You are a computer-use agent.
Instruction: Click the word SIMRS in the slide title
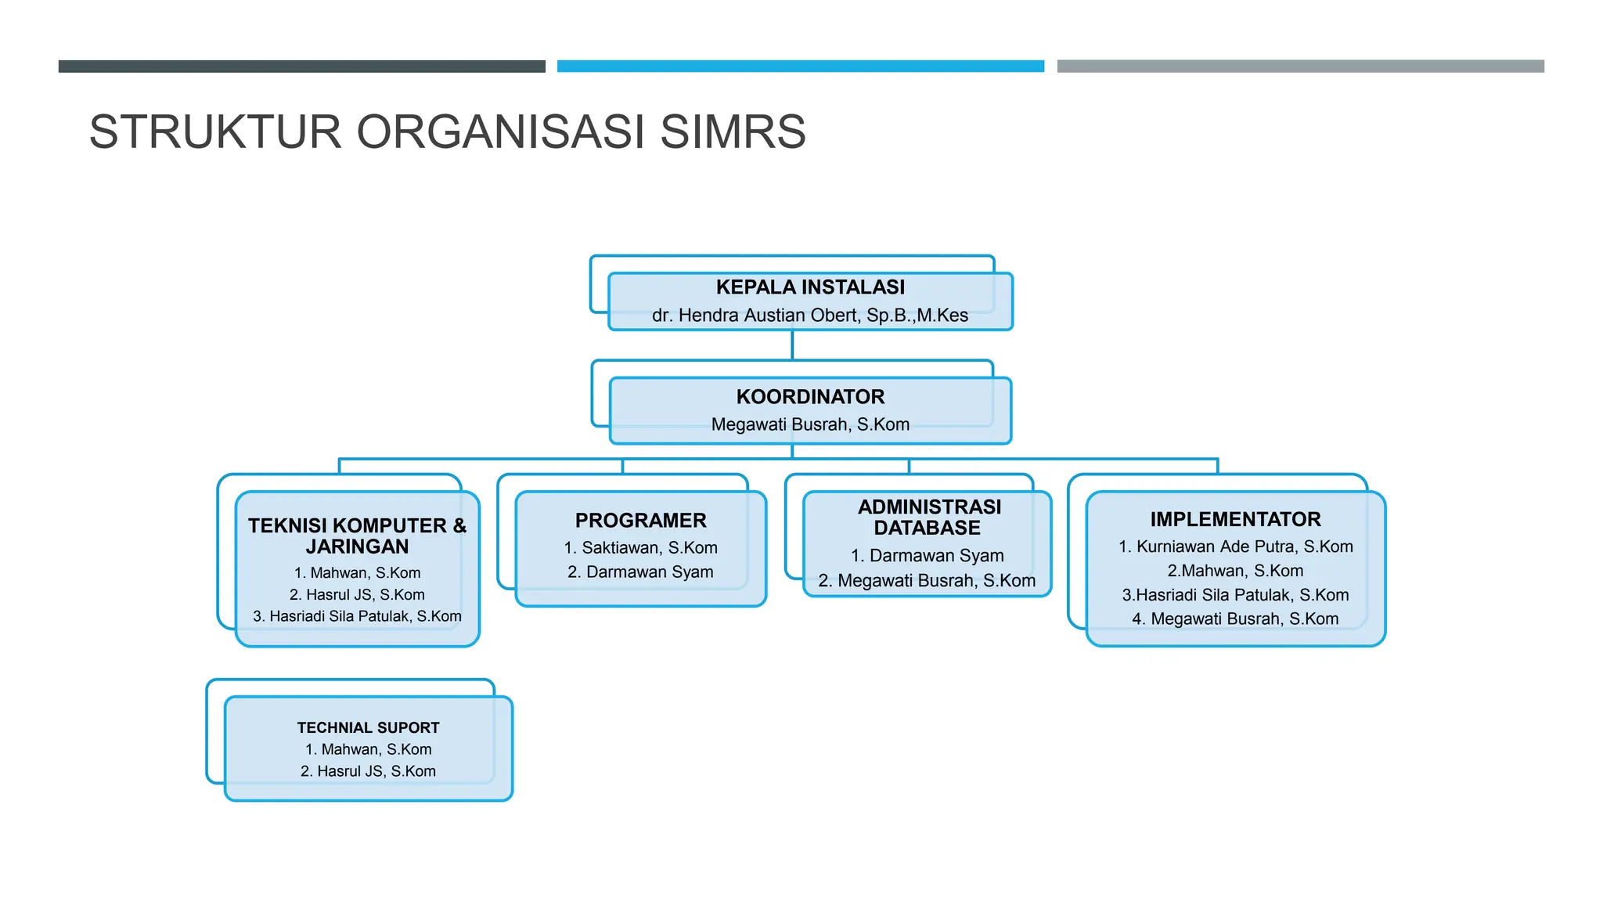tap(733, 132)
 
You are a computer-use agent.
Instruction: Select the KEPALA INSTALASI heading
tap(810, 287)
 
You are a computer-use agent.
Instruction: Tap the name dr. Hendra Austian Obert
tap(756, 316)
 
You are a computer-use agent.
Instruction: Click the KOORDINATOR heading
tap(810, 397)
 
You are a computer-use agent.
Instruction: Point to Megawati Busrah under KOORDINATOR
tap(810, 424)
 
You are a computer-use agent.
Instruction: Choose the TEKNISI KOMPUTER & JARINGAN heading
tap(357, 536)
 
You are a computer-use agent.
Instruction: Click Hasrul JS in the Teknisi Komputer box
tap(357, 595)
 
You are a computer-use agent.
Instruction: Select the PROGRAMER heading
tap(640, 521)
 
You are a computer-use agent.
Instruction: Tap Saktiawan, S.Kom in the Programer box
tap(640, 548)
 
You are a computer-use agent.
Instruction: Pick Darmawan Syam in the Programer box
tap(640, 572)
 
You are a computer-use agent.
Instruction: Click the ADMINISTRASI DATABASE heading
tap(928, 518)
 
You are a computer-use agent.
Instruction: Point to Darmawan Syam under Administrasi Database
tap(928, 556)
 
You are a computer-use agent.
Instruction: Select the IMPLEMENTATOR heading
tap(1235, 520)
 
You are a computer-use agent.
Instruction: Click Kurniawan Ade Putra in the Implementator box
tap(1235, 547)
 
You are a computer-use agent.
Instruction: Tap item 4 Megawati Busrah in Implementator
tap(1235, 619)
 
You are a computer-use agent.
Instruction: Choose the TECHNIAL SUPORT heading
tap(368, 727)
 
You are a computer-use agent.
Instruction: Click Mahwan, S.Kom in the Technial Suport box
tap(368, 749)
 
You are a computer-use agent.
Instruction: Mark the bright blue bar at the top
tap(800, 67)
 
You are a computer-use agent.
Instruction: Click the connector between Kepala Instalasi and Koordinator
tap(792, 345)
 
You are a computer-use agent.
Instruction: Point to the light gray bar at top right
tap(1300, 67)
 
